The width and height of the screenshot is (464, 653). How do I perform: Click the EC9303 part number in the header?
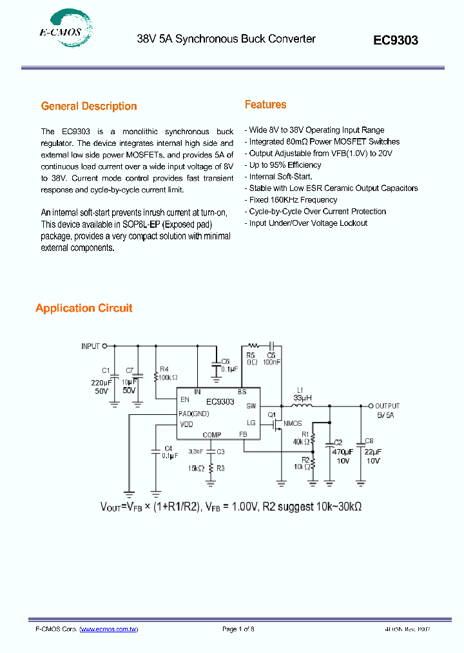point(396,40)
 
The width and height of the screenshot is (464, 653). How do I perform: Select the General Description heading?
point(89,106)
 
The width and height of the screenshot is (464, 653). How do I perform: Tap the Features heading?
point(266,105)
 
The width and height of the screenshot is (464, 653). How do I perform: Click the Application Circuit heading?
point(84,308)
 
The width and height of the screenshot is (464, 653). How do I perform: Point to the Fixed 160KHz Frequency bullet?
point(293,200)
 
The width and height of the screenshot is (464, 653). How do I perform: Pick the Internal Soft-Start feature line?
point(280,177)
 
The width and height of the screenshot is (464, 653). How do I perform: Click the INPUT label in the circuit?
point(90,347)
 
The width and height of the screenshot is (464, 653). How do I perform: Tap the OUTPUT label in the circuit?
point(388,406)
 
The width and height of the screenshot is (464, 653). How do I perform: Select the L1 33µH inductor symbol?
point(302,406)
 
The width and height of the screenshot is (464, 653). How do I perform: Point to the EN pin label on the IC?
point(185,399)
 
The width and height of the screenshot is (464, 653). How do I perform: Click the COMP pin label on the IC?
point(211,435)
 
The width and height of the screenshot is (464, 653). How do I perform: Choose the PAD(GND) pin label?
point(193,414)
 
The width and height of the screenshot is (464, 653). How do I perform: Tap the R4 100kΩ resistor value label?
point(169,377)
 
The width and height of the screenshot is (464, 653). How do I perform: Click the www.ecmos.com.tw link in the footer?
point(109,629)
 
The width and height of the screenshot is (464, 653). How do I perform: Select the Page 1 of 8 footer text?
point(238,629)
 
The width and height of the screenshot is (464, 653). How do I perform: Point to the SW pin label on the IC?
point(251,406)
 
